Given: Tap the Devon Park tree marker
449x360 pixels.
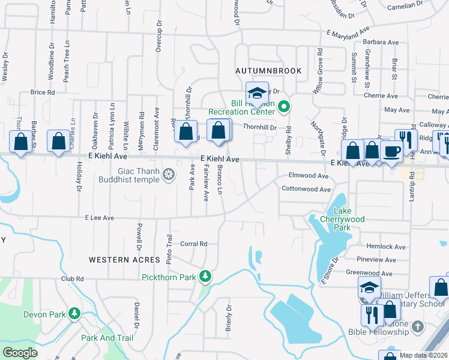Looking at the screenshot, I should [74, 314].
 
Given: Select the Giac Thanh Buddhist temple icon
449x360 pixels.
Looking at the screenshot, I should [169, 174].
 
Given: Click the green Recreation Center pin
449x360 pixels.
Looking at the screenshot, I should [285, 108].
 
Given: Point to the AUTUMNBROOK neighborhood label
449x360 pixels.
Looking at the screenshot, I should [268, 71].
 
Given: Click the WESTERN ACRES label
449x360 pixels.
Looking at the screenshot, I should [124, 260].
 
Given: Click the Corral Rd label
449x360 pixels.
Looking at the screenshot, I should [193, 244].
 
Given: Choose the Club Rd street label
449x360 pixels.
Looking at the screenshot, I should [71, 279].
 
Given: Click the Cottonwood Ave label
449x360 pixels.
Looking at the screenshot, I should [306, 189].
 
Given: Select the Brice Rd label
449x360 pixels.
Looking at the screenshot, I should [42, 92].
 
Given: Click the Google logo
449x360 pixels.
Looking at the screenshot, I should [20, 352].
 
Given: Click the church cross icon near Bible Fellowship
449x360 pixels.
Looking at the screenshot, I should [418, 327].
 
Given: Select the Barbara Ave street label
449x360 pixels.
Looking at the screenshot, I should [381, 43].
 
